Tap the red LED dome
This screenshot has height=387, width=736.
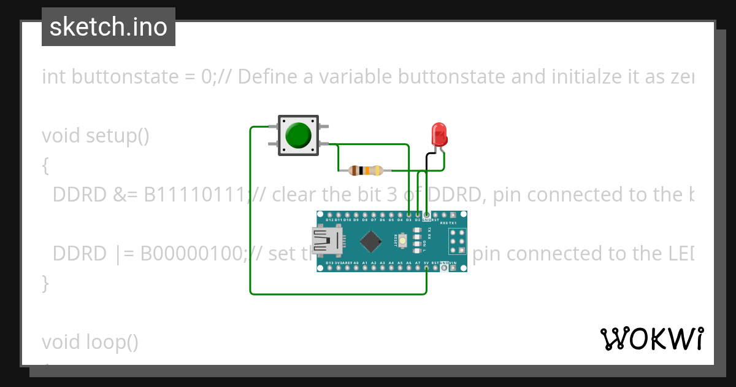coord(439,133)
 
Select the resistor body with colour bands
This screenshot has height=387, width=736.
coord(365,170)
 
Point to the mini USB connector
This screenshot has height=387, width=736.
coord(326,240)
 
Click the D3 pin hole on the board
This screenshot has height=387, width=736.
coord(408,214)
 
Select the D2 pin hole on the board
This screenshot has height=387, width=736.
coord(418,214)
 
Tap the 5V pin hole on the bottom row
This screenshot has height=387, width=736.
coord(426,268)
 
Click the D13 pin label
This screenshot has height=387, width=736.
coord(329,263)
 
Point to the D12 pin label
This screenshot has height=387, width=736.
coord(329,219)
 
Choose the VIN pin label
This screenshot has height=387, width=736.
coord(453,263)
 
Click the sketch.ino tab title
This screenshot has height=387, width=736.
coord(108,27)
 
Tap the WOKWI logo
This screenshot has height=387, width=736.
coord(651,338)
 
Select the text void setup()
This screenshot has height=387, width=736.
coord(96,135)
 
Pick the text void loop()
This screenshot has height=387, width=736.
coord(90,342)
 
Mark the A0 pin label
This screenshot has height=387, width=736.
coord(356,263)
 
